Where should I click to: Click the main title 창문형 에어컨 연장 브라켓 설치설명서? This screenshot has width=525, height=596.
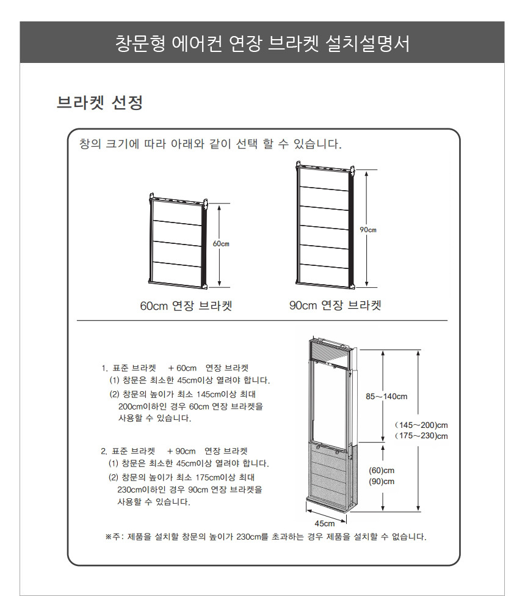point(262,43)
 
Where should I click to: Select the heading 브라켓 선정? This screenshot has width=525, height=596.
point(100,102)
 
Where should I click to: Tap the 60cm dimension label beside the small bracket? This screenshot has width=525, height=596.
point(221,244)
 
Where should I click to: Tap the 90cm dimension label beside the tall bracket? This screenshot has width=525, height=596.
point(368,230)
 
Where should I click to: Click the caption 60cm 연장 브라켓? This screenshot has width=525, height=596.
point(186,306)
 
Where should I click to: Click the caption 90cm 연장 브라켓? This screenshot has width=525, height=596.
point(335,305)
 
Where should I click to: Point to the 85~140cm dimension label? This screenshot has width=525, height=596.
point(386,397)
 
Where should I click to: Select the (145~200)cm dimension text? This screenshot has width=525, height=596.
point(421,425)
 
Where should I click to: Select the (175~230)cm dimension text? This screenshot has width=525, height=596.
point(421,436)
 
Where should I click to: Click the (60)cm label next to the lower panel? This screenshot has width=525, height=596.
point(382,471)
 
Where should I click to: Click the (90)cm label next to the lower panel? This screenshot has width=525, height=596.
point(382,482)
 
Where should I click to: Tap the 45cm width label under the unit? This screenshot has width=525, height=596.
point(325,523)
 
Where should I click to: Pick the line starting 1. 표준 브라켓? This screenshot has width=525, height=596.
point(175,368)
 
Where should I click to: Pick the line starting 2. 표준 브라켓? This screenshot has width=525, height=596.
point(174,451)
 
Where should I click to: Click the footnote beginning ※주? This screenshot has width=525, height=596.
point(266,537)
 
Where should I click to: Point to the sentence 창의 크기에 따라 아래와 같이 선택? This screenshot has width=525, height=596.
point(210,144)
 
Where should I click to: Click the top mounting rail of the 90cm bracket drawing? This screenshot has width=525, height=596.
point(326,167)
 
